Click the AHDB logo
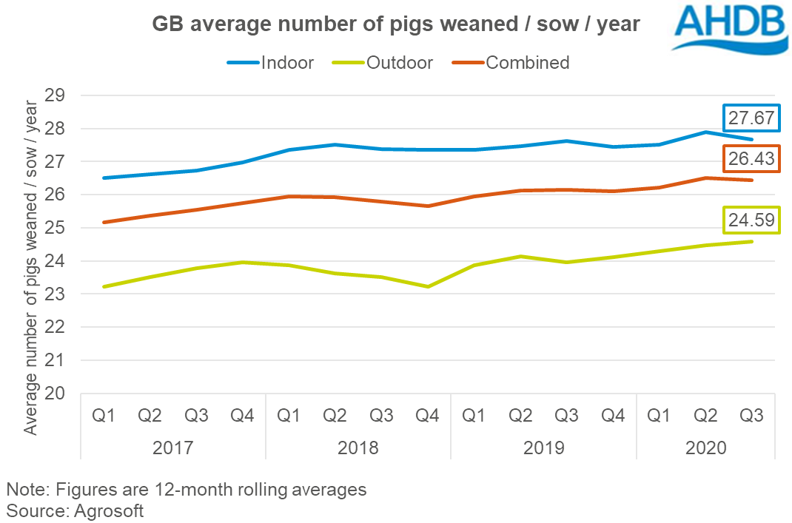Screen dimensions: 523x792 click(x=729, y=28)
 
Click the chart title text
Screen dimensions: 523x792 click(x=395, y=25)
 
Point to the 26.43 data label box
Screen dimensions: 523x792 click(x=751, y=158)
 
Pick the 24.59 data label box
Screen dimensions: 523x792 click(x=751, y=220)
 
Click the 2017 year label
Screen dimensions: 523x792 click(x=174, y=448)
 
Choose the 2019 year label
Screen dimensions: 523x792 click(x=544, y=448)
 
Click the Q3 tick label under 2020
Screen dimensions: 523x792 click(x=752, y=416)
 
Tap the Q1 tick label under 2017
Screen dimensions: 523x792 click(x=104, y=416)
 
